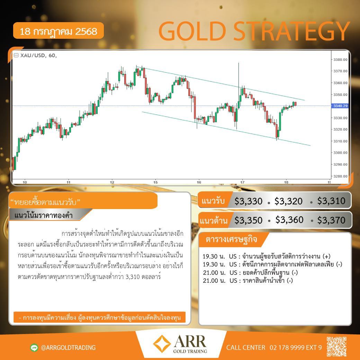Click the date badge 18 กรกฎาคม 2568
(x=58, y=31)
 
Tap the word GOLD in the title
(x=192, y=31)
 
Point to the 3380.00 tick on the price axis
(x=340, y=60)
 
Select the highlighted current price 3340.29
(x=340, y=106)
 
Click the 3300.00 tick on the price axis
(x=340, y=153)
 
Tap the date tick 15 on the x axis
(x=155, y=182)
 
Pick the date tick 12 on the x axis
(x=112, y=182)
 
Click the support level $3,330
(x=248, y=201)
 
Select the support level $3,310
(x=331, y=201)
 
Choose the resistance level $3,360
(x=289, y=220)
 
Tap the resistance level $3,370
(x=331, y=220)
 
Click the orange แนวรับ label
(x=213, y=201)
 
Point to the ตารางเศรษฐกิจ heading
(x=231, y=239)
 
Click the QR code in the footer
(x=336, y=347)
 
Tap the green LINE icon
(x=34, y=348)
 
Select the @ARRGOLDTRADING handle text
(x=68, y=348)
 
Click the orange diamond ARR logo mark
(x=162, y=344)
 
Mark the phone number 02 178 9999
(x=287, y=348)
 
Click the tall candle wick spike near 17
(x=238, y=76)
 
